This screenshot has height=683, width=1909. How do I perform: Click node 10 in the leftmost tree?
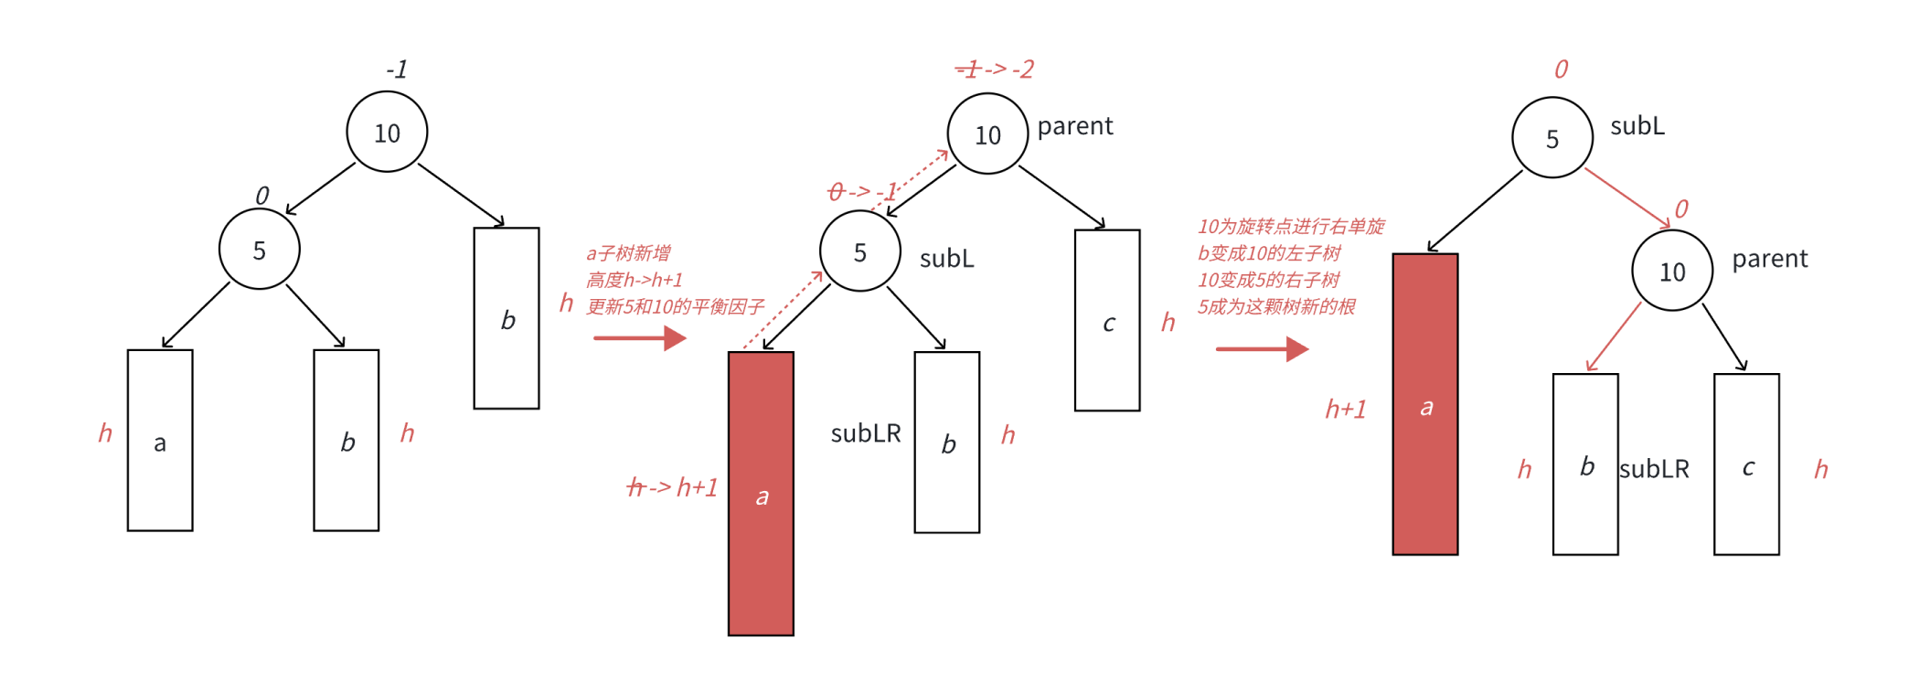coord(387,133)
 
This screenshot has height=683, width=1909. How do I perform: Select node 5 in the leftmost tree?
coord(260,250)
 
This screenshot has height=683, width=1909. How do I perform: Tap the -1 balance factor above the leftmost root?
coord(396,69)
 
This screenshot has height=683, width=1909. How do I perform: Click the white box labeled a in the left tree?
coord(160,441)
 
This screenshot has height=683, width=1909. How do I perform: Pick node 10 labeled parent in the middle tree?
coord(987,134)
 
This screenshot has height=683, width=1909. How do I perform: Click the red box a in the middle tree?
coord(761,494)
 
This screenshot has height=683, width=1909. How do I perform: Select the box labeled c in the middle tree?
coord(1107,321)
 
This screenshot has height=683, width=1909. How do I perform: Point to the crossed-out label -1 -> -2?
coord(994,69)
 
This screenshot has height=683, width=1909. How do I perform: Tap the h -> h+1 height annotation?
coord(672,487)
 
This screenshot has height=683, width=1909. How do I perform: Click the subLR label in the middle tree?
coord(865,433)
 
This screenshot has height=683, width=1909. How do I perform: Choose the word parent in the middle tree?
coord(1074,126)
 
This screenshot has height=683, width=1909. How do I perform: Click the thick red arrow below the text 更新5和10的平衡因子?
coord(639,338)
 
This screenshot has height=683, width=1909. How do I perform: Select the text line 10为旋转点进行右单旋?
coord(1291,226)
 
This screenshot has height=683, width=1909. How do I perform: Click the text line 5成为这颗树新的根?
coord(1276,306)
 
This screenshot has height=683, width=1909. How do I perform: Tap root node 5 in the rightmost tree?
coord(1552,138)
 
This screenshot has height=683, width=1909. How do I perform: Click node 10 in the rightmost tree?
coord(1672,272)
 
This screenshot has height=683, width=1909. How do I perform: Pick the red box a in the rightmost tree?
coord(1425,404)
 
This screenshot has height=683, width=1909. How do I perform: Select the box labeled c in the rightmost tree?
coord(1746,464)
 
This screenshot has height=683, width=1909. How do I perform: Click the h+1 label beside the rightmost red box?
coord(1346,410)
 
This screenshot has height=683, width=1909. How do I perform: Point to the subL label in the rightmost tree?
coord(1637,126)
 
